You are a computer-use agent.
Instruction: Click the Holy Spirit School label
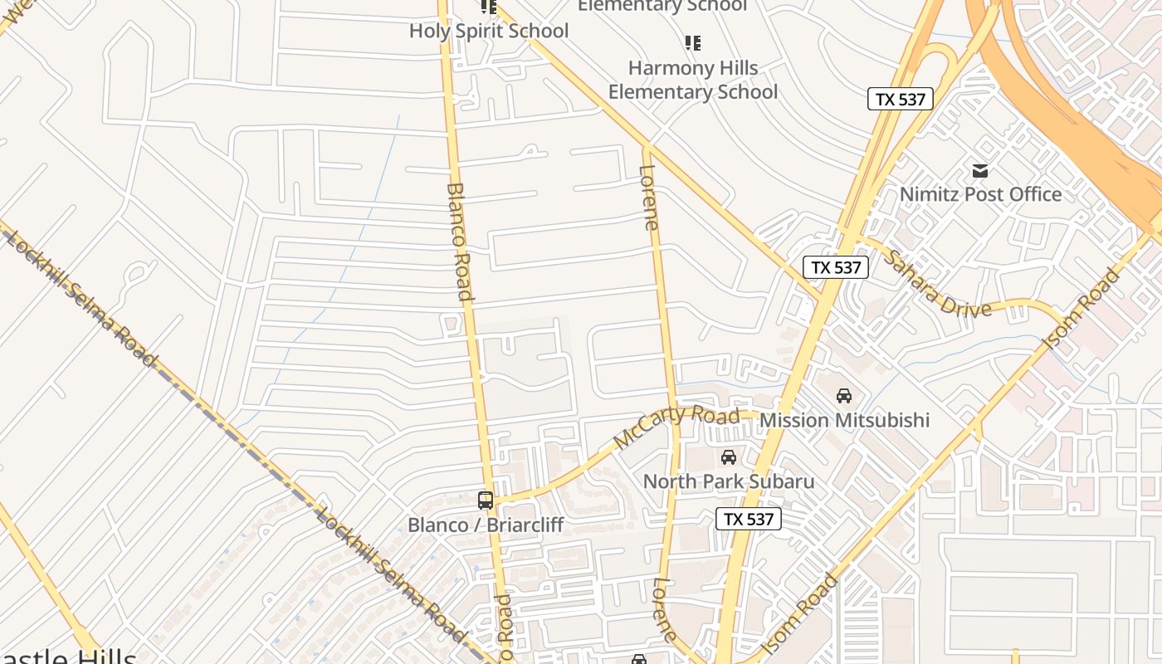(x=489, y=32)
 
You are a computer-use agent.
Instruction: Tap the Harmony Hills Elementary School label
(x=693, y=80)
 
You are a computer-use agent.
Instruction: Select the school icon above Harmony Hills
(x=693, y=42)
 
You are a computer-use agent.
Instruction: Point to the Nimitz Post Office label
(x=981, y=194)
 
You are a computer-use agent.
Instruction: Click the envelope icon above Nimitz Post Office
(x=980, y=171)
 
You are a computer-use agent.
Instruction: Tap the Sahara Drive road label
(x=937, y=284)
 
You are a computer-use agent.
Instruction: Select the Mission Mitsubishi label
(x=844, y=420)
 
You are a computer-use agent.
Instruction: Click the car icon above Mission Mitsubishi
(x=844, y=396)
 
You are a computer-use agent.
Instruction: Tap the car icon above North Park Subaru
(x=729, y=457)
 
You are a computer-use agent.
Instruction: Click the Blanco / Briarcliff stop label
(x=486, y=525)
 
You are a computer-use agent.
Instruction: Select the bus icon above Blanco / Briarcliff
(x=486, y=500)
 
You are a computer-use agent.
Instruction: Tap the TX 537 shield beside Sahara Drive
(x=836, y=267)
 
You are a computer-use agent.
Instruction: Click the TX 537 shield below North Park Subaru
(x=749, y=520)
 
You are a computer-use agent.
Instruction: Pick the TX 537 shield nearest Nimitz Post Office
(x=901, y=100)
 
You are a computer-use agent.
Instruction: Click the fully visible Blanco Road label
(x=460, y=241)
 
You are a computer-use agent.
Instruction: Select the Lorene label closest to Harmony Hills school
(x=650, y=198)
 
